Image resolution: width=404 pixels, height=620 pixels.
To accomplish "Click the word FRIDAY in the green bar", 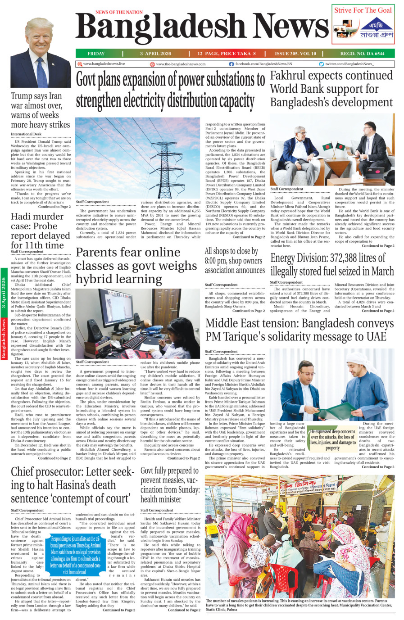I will click(x=96, y=54).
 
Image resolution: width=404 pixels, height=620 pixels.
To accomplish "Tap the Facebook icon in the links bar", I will click(x=231, y=64).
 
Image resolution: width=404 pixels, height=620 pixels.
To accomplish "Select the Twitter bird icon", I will click(x=321, y=64).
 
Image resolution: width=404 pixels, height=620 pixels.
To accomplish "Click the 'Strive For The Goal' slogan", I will click(x=363, y=10).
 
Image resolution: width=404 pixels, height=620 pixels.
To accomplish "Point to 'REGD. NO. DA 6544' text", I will click(x=362, y=54).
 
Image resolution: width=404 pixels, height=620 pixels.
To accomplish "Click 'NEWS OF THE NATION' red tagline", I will click(x=119, y=12).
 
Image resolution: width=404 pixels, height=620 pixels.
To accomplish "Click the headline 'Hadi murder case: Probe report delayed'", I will click(x=41, y=231).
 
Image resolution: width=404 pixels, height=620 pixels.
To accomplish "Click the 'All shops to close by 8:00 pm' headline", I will click(x=234, y=261).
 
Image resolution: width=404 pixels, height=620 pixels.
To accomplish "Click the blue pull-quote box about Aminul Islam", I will click(x=75, y=555).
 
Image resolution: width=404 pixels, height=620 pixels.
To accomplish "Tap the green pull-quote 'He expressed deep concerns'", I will click(x=332, y=439).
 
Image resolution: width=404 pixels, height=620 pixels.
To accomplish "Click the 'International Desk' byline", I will click(x=26, y=134).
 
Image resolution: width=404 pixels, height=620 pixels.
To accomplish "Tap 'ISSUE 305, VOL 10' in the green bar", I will click(x=295, y=54).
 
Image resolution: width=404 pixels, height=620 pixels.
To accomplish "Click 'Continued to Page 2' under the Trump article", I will click(x=54, y=207).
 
